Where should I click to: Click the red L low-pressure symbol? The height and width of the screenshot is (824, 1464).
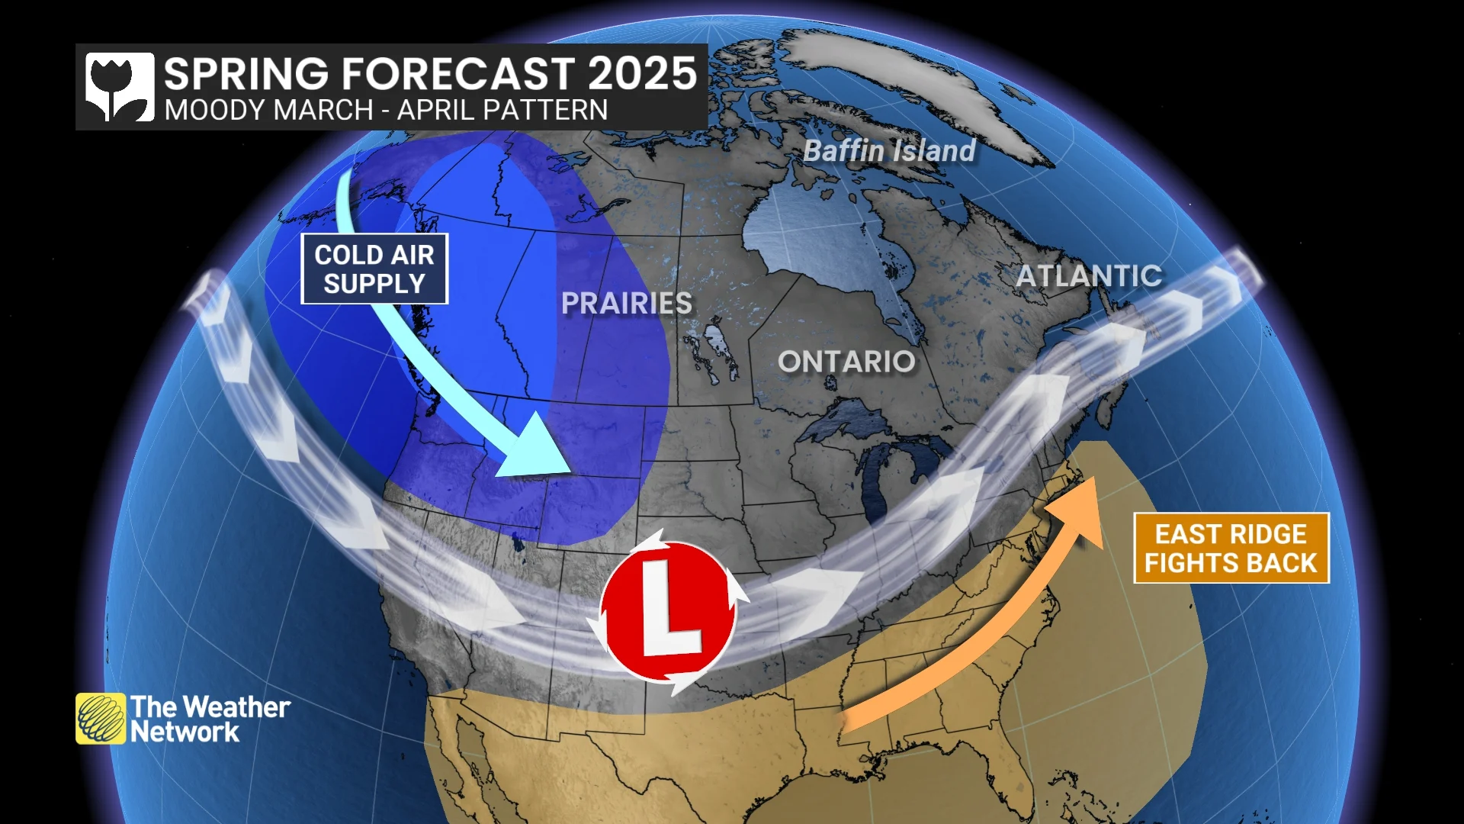pos(668,610)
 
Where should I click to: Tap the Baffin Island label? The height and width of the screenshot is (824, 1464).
pos(889,151)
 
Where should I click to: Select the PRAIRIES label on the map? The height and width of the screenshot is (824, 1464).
pos(627,303)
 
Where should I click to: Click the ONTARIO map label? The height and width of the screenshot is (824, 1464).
pos(846,362)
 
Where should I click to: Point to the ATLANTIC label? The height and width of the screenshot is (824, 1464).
pos(1089,275)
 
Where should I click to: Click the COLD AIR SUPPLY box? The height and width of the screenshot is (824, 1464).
pos(374,269)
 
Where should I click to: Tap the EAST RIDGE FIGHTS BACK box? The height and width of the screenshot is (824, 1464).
pos(1231,548)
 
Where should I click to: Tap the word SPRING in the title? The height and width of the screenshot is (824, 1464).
pos(246,74)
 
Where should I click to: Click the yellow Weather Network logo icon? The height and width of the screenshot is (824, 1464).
pos(101,718)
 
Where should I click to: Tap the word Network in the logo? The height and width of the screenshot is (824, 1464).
pos(185,732)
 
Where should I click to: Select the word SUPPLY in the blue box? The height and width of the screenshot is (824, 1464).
pos(374,284)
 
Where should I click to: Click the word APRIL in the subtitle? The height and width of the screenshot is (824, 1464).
pos(432,111)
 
